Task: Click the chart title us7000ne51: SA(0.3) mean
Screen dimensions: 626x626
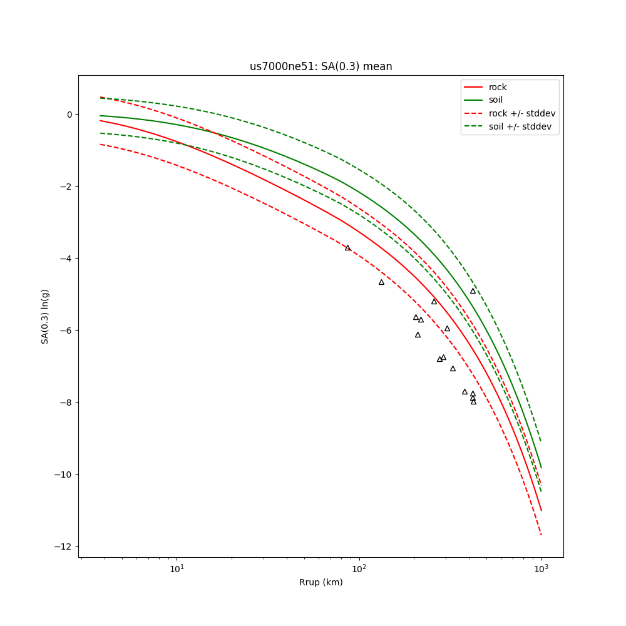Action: coord(321,66)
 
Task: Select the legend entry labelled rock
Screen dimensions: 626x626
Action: coord(498,87)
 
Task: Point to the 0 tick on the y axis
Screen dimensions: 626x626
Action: coord(69,115)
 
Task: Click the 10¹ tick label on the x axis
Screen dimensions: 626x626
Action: coord(177,569)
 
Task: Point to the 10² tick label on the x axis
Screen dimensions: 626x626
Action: coord(359,569)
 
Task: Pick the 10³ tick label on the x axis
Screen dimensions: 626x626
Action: coord(541,569)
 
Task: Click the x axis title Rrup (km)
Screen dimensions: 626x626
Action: coord(321,583)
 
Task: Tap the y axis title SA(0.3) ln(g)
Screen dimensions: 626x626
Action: coord(45,316)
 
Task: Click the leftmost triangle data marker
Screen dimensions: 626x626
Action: coord(348,248)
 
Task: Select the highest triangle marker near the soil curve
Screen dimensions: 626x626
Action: coord(473,291)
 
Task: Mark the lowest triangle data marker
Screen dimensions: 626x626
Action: coord(473,402)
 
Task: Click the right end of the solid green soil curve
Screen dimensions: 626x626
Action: coord(541,468)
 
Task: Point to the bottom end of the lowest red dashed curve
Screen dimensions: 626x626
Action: coord(541,535)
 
